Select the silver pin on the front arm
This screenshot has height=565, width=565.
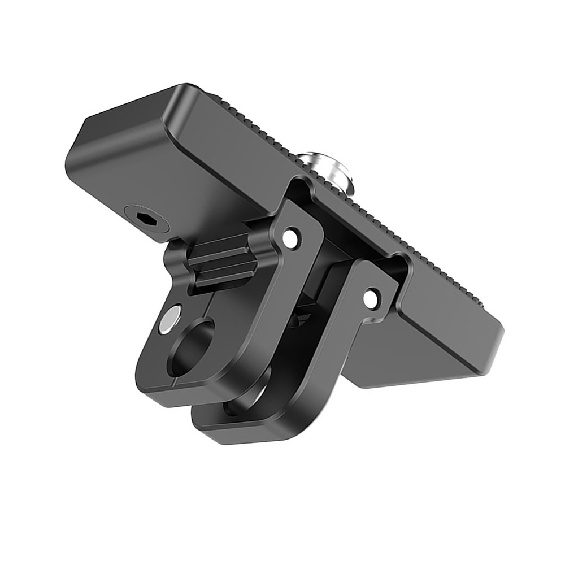pos(170,319)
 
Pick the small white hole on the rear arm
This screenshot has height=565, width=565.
pos(371,299)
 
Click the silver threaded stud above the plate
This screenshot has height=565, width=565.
pos(325,170)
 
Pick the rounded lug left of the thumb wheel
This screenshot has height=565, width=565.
pos(175,260)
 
